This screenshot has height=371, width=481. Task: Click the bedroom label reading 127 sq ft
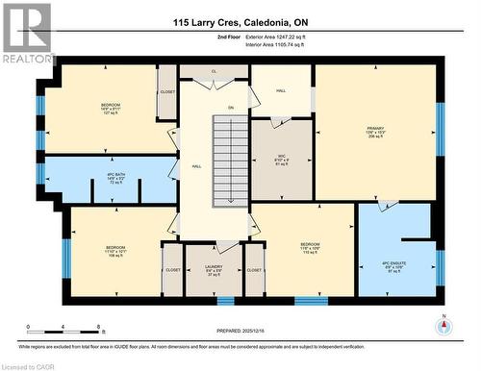pos(112,109)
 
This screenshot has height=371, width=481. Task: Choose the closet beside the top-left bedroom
pos(167,92)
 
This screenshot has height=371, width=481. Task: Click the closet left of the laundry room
pos(173,270)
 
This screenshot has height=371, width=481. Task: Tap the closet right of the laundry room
pos(254,270)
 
